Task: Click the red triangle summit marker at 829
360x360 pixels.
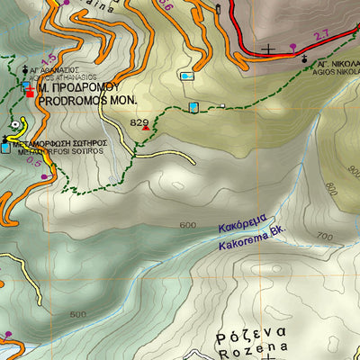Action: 146,128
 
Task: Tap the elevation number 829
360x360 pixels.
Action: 139,121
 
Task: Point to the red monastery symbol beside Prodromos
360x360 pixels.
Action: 30,91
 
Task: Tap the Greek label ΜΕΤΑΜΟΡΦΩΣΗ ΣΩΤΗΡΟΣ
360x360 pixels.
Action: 59,142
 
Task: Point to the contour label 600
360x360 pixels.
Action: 187,225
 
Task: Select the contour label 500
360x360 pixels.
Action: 77,314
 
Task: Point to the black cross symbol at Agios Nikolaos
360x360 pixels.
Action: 306,58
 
